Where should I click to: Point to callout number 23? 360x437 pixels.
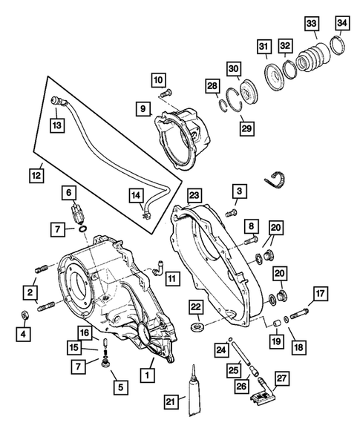194,195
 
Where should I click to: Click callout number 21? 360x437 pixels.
172,402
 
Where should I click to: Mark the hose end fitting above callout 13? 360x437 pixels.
56,99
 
